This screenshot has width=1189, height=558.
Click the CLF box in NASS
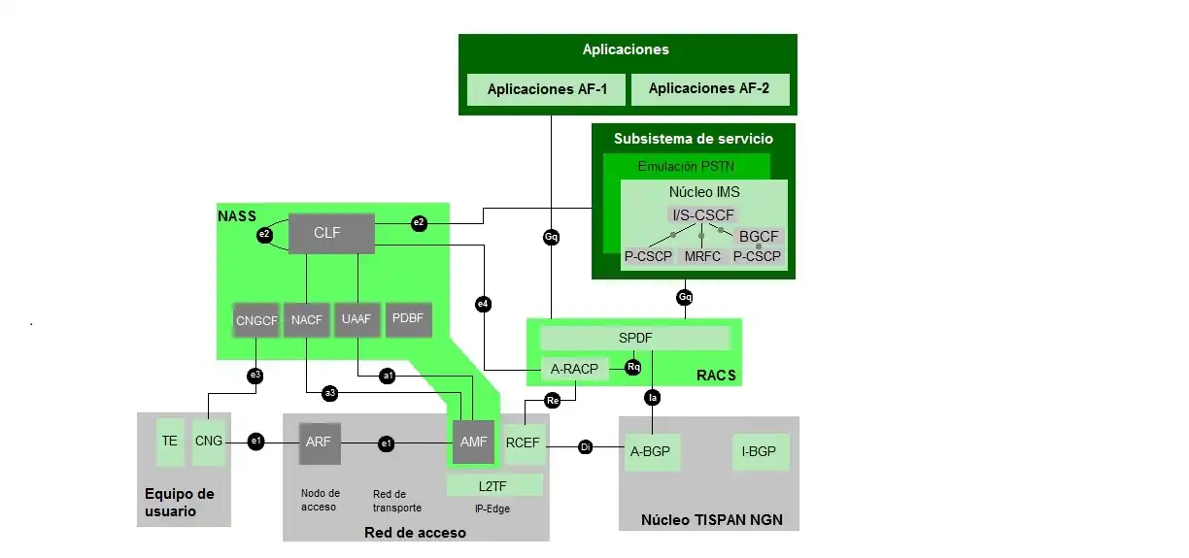[331, 234]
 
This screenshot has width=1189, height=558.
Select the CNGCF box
[256, 320]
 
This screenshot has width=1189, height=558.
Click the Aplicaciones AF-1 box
[547, 89]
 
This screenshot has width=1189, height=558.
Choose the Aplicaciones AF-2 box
[708, 89]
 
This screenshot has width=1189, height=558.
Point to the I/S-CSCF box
[701, 214]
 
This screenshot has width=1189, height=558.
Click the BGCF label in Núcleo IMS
[759, 236]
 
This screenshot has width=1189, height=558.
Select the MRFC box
[701, 257]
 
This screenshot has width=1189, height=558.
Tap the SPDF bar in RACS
[634, 338]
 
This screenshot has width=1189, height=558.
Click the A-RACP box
[573, 368]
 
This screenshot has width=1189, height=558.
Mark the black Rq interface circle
[633, 368]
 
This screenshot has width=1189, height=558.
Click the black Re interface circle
[553, 400]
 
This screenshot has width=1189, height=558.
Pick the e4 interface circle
[483, 305]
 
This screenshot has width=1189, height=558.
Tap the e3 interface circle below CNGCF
[255, 375]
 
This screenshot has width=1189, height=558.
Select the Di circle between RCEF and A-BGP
[585, 447]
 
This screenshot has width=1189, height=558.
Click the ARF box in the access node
[320, 443]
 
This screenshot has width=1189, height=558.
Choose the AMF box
[474, 443]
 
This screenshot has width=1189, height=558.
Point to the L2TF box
[494, 484]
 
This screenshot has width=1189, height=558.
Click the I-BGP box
[761, 452]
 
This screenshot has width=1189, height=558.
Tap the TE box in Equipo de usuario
[170, 442]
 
